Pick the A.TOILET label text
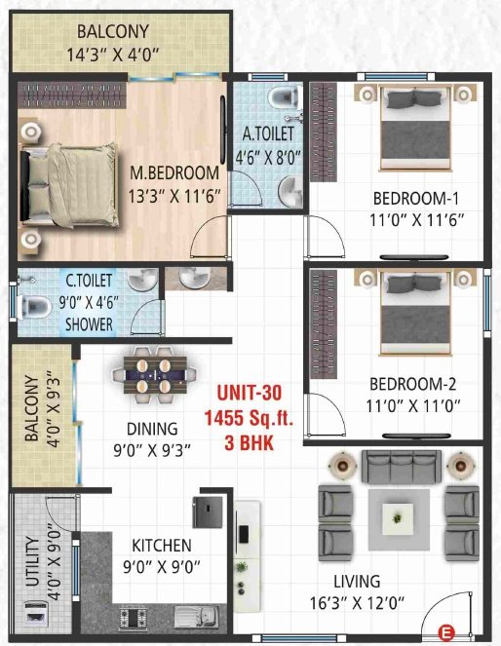[269, 133]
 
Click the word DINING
[151, 429]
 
